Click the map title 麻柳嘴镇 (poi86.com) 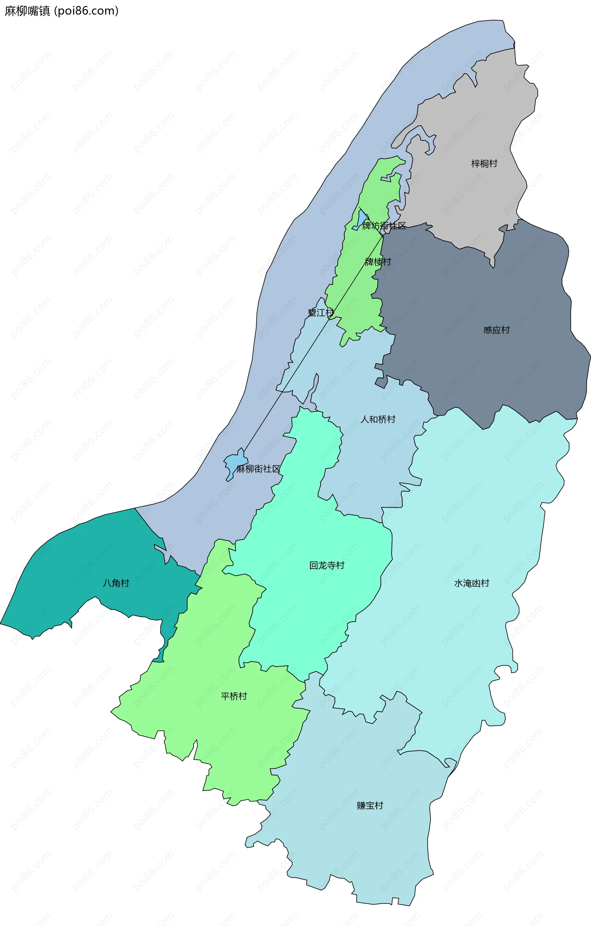(x=62, y=11)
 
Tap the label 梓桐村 (x=484, y=163)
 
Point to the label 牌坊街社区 (x=384, y=226)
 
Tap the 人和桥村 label (x=378, y=419)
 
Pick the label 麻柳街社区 (x=258, y=469)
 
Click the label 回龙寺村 (x=327, y=565)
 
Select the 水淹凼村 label (x=472, y=583)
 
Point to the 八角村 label (x=116, y=583)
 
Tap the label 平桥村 (x=234, y=696)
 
